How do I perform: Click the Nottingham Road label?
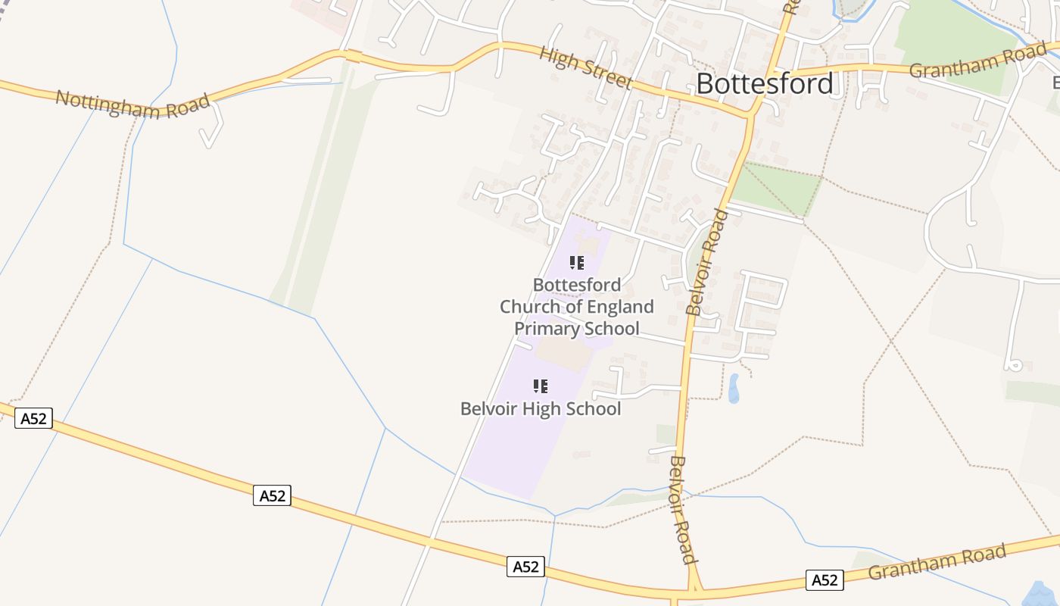point(132,105)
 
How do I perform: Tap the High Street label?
point(585,67)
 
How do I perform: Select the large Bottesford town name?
point(765,83)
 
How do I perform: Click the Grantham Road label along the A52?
point(937,561)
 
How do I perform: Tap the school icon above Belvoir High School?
point(541,386)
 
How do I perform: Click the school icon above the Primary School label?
point(577,263)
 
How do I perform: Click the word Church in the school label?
point(529,307)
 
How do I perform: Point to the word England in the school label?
point(623,307)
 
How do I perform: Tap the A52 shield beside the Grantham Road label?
point(824,580)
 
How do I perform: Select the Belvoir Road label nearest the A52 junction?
point(682,510)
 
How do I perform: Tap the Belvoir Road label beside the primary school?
point(706,262)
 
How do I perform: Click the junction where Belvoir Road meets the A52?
point(694,589)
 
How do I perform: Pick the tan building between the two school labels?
point(564,353)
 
